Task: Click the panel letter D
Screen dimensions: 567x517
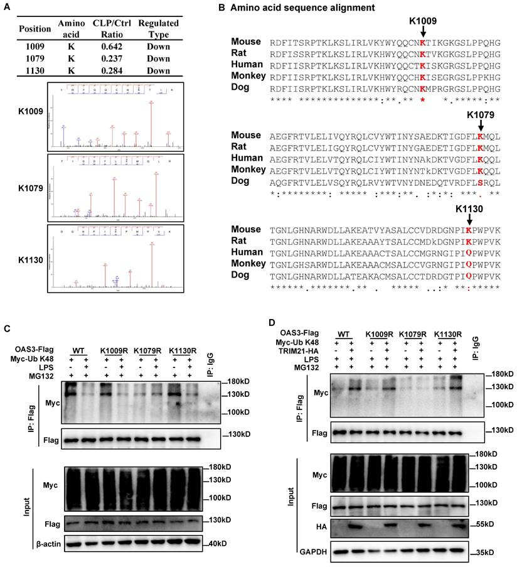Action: point(272,323)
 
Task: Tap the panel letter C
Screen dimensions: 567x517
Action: point(8,329)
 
